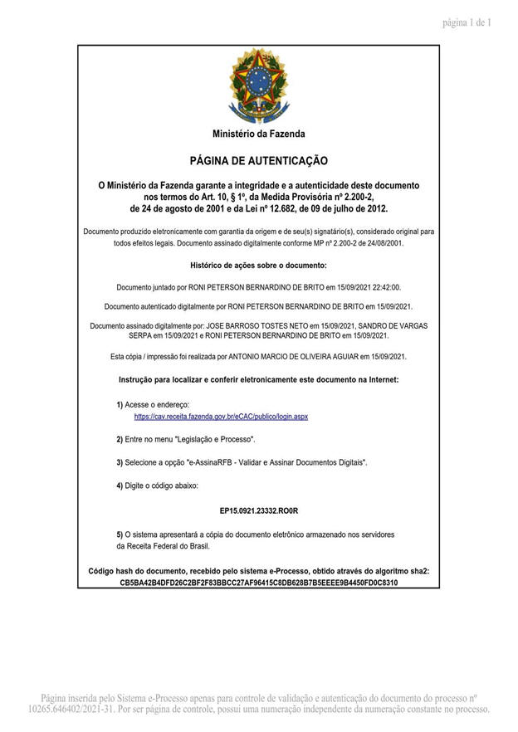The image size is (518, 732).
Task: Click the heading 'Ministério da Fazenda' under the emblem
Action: (x=258, y=134)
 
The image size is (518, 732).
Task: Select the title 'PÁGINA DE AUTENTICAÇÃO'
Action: (x=258, y=160)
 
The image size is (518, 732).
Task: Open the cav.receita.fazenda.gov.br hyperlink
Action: (x=221, y=416)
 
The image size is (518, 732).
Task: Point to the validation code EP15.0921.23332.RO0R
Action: (x=258, y=512)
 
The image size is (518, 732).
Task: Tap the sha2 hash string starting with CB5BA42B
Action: (x=258, y=583)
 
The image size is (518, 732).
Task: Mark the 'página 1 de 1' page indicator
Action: (x=467, y=22)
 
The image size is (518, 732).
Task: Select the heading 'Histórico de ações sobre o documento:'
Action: (x=258, y=266)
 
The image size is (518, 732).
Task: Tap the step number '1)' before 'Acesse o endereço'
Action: (x=120, y=404)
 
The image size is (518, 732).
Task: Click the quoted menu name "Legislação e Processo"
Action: (x=215, y=438)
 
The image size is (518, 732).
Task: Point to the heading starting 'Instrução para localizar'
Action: (x=258, y=379)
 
